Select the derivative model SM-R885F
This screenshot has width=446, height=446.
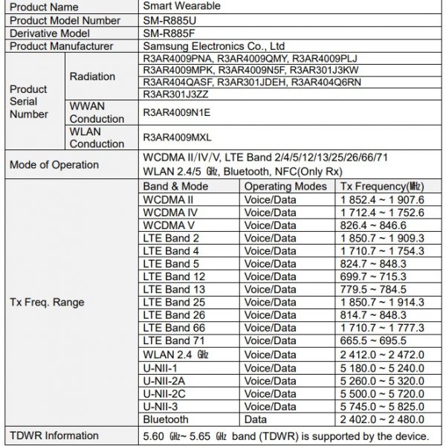[x=172, y=33]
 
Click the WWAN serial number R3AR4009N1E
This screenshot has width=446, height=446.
[x=176, y=112]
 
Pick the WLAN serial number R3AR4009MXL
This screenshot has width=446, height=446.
[x=176, y=138]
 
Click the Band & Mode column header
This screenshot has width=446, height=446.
[x=175, y=186]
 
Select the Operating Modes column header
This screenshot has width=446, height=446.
[x=285, y=186]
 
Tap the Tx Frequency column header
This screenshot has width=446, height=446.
[x=381, y=186]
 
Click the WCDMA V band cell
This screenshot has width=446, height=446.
[x=169, y=225]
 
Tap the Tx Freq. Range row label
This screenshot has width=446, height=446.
[x=46, y=302]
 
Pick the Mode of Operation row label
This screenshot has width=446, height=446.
[x=53, y=164]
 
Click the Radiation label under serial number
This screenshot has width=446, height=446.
[x=92, y=77]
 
